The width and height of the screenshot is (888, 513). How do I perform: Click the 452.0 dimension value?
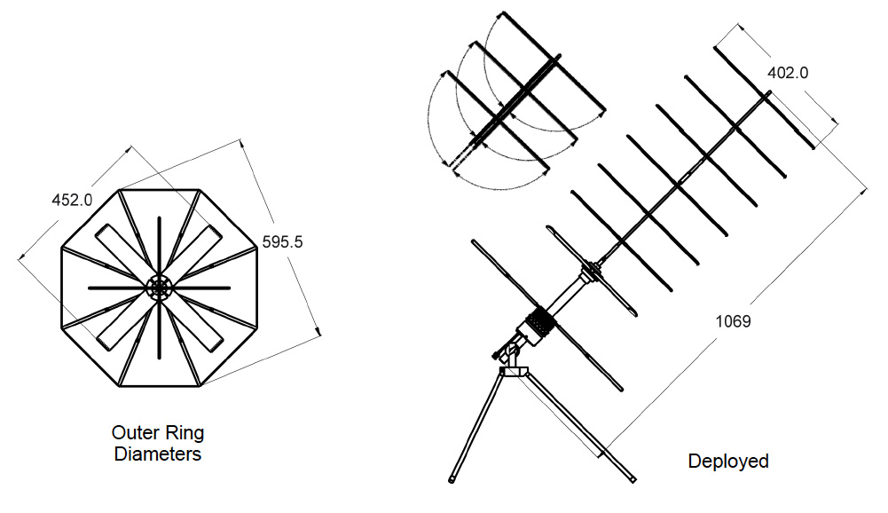(72, 200)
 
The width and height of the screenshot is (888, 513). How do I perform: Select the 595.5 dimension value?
(283, 241)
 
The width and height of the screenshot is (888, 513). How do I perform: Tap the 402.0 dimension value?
(787, 74)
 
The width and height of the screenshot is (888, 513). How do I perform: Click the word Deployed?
(728, 462)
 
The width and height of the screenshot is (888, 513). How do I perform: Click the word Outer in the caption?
(133, 434)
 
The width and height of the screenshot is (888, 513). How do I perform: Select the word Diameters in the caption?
(158, 455)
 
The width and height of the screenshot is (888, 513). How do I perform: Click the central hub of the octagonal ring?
(160, 288)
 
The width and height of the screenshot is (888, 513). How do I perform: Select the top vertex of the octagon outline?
(160, 189)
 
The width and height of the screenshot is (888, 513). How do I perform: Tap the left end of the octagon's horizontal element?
(89, 288)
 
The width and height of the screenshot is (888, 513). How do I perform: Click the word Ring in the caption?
(186, 434)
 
